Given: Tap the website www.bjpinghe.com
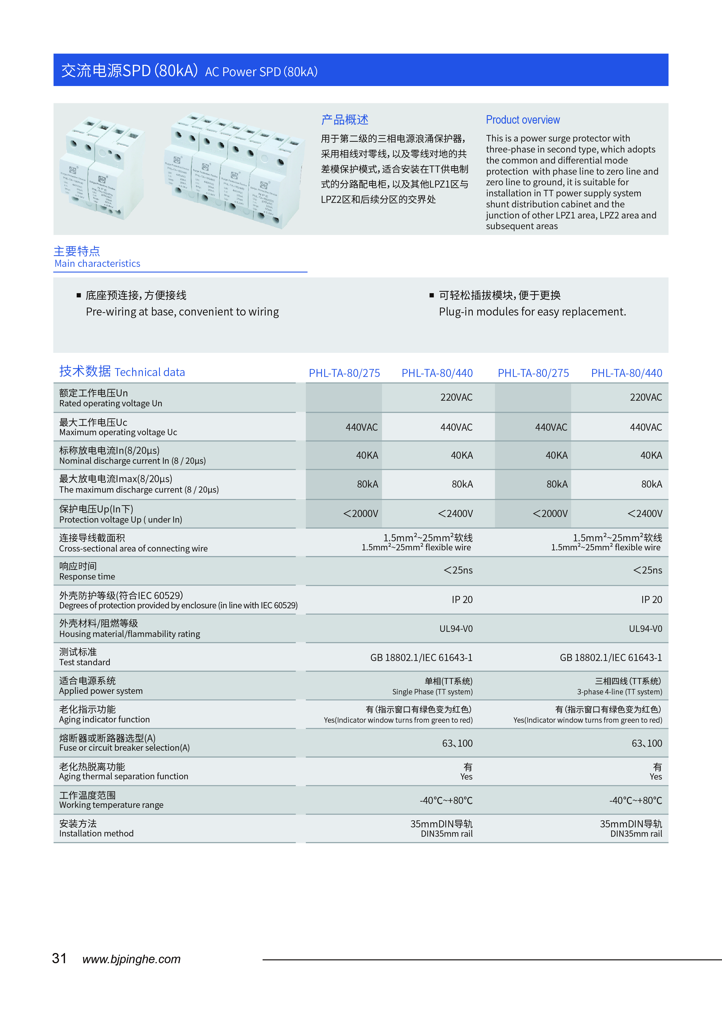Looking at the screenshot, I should [132, 959].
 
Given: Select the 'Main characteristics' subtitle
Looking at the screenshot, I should [97, 264].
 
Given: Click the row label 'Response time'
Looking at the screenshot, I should [87, 577].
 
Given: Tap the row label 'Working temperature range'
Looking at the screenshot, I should [111, 805].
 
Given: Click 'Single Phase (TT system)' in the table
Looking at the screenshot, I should [432, 692].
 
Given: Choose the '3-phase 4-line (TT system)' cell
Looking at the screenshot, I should [619, 692].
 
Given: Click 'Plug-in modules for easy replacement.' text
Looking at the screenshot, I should [532, 312].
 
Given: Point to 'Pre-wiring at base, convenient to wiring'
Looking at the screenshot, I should [182, 312].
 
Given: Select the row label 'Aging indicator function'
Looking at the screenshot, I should [104, 720].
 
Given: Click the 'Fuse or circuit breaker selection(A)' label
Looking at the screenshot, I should [124, 748].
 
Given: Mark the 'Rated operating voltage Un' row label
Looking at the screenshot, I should [111, 403].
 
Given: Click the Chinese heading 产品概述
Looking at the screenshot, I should [345, 120].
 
